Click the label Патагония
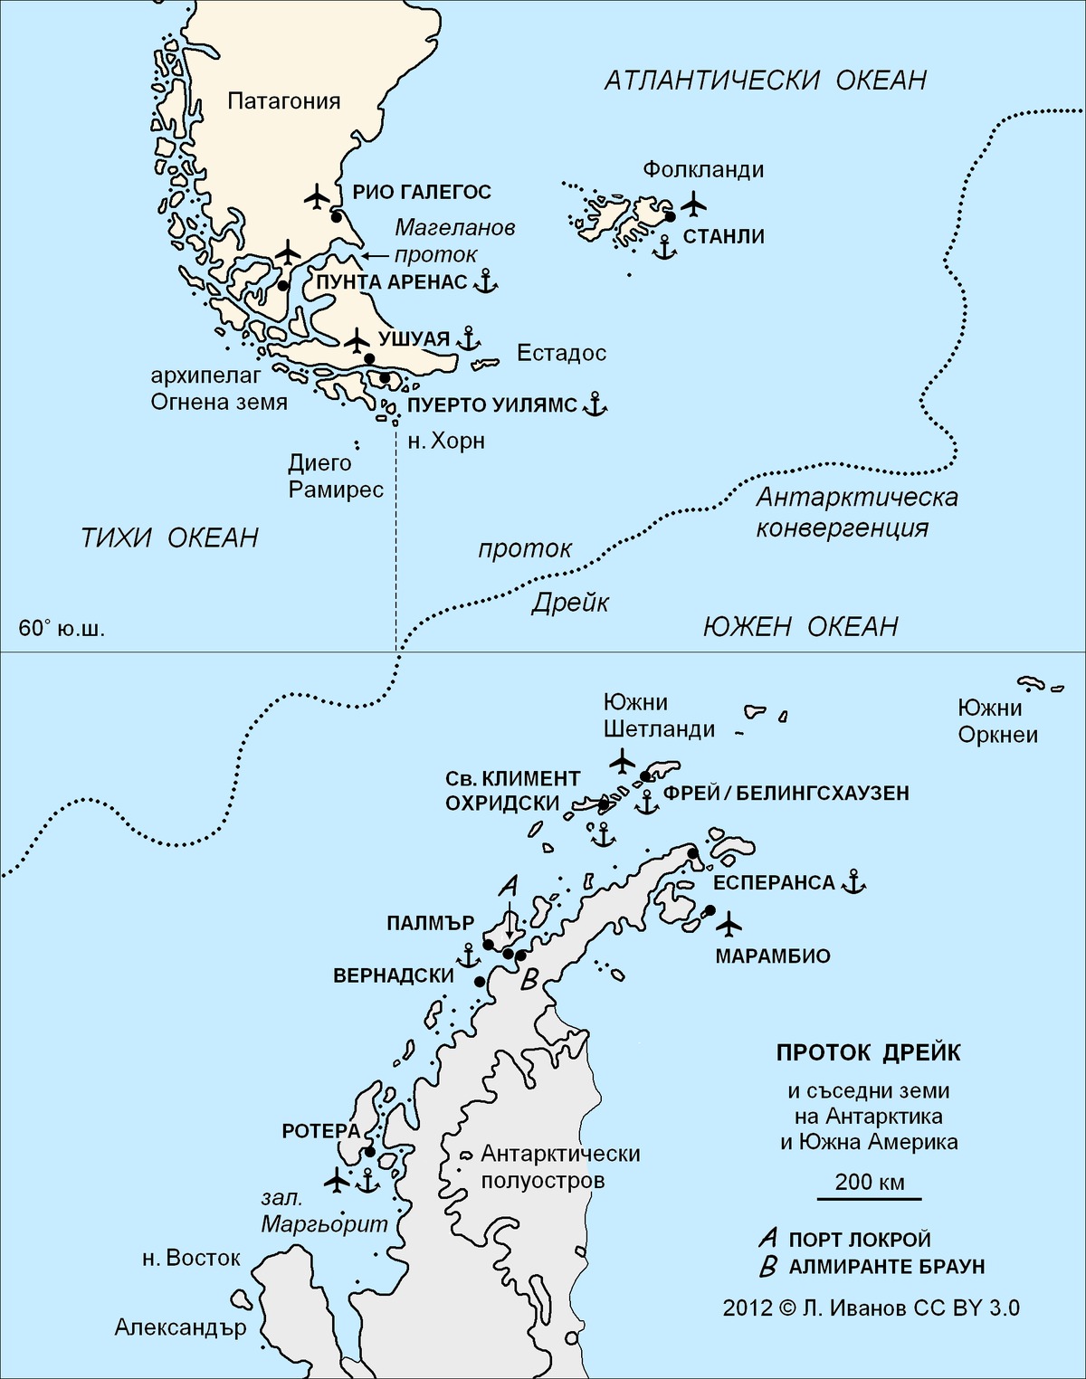(x=283, y=100)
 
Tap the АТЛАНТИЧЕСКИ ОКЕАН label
(x=766, y=81)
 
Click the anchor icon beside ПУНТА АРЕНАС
(x=486, y=281)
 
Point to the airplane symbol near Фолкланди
(x=693, y=204)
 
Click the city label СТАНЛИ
(x=723, y=237)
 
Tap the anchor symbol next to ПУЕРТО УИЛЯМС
(x=594, y=404)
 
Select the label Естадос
(x=561, y=353)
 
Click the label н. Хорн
(x=446, y=441)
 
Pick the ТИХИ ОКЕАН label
(x=170, y=538)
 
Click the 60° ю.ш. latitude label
(x=62, y=628)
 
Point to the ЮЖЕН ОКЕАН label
(x=800, y=626)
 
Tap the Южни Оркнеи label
(x=997, y=721)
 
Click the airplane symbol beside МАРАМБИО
(x=729, y=924)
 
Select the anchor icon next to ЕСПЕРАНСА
(x=853, y=881)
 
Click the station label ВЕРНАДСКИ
(x=394, y=975)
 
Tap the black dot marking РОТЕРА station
(x=369, y=1152)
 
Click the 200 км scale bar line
(x=869, y=1199)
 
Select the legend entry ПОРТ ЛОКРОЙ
(x=859, y=1240)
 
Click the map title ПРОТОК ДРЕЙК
(x=868, y=1053)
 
